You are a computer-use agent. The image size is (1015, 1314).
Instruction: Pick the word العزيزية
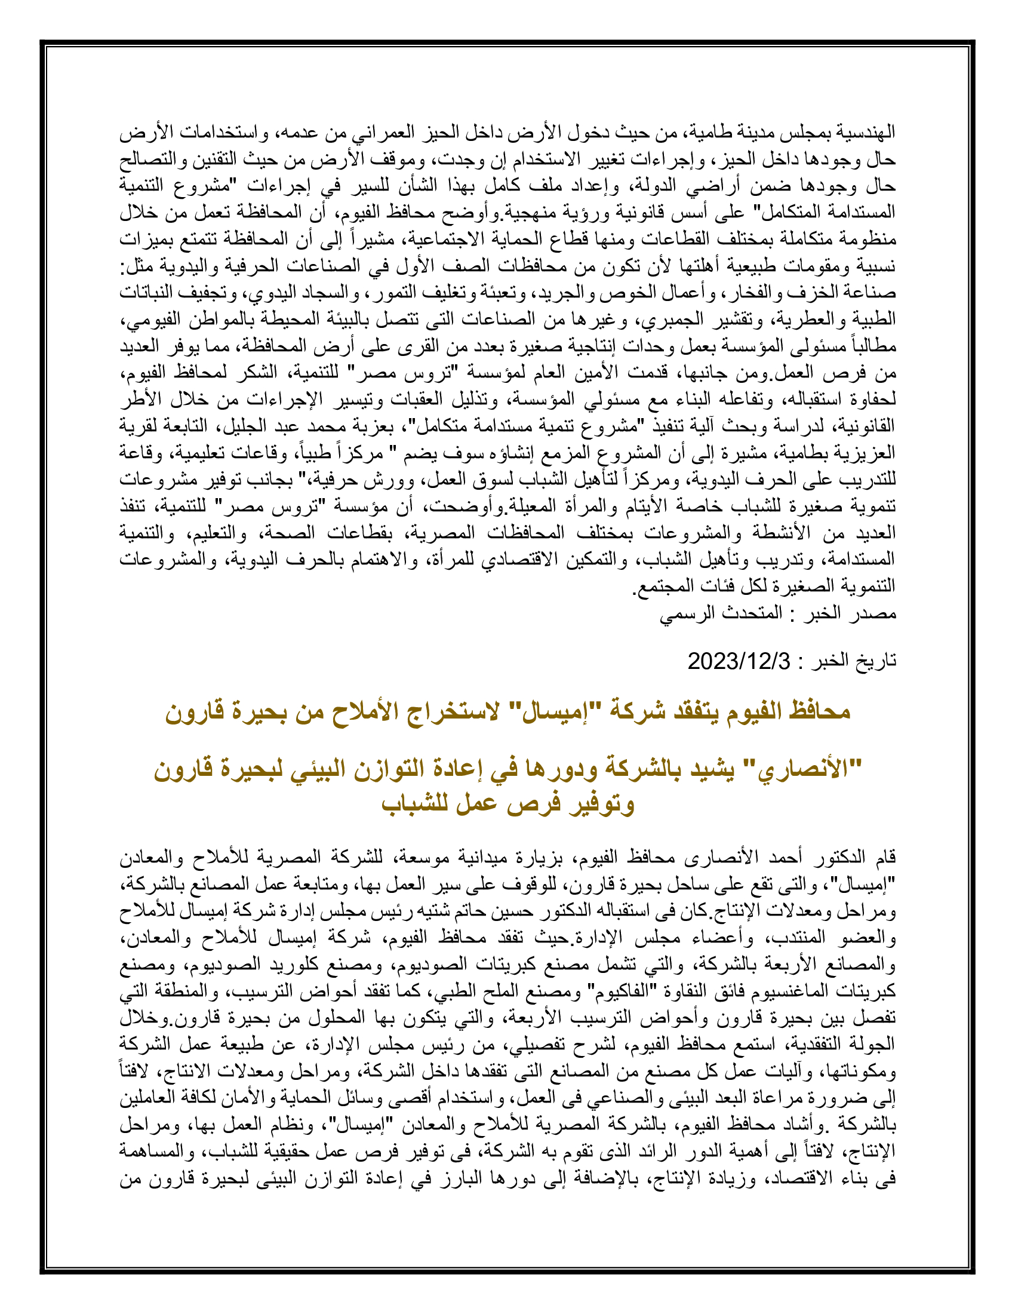click(x=869, y=453)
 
